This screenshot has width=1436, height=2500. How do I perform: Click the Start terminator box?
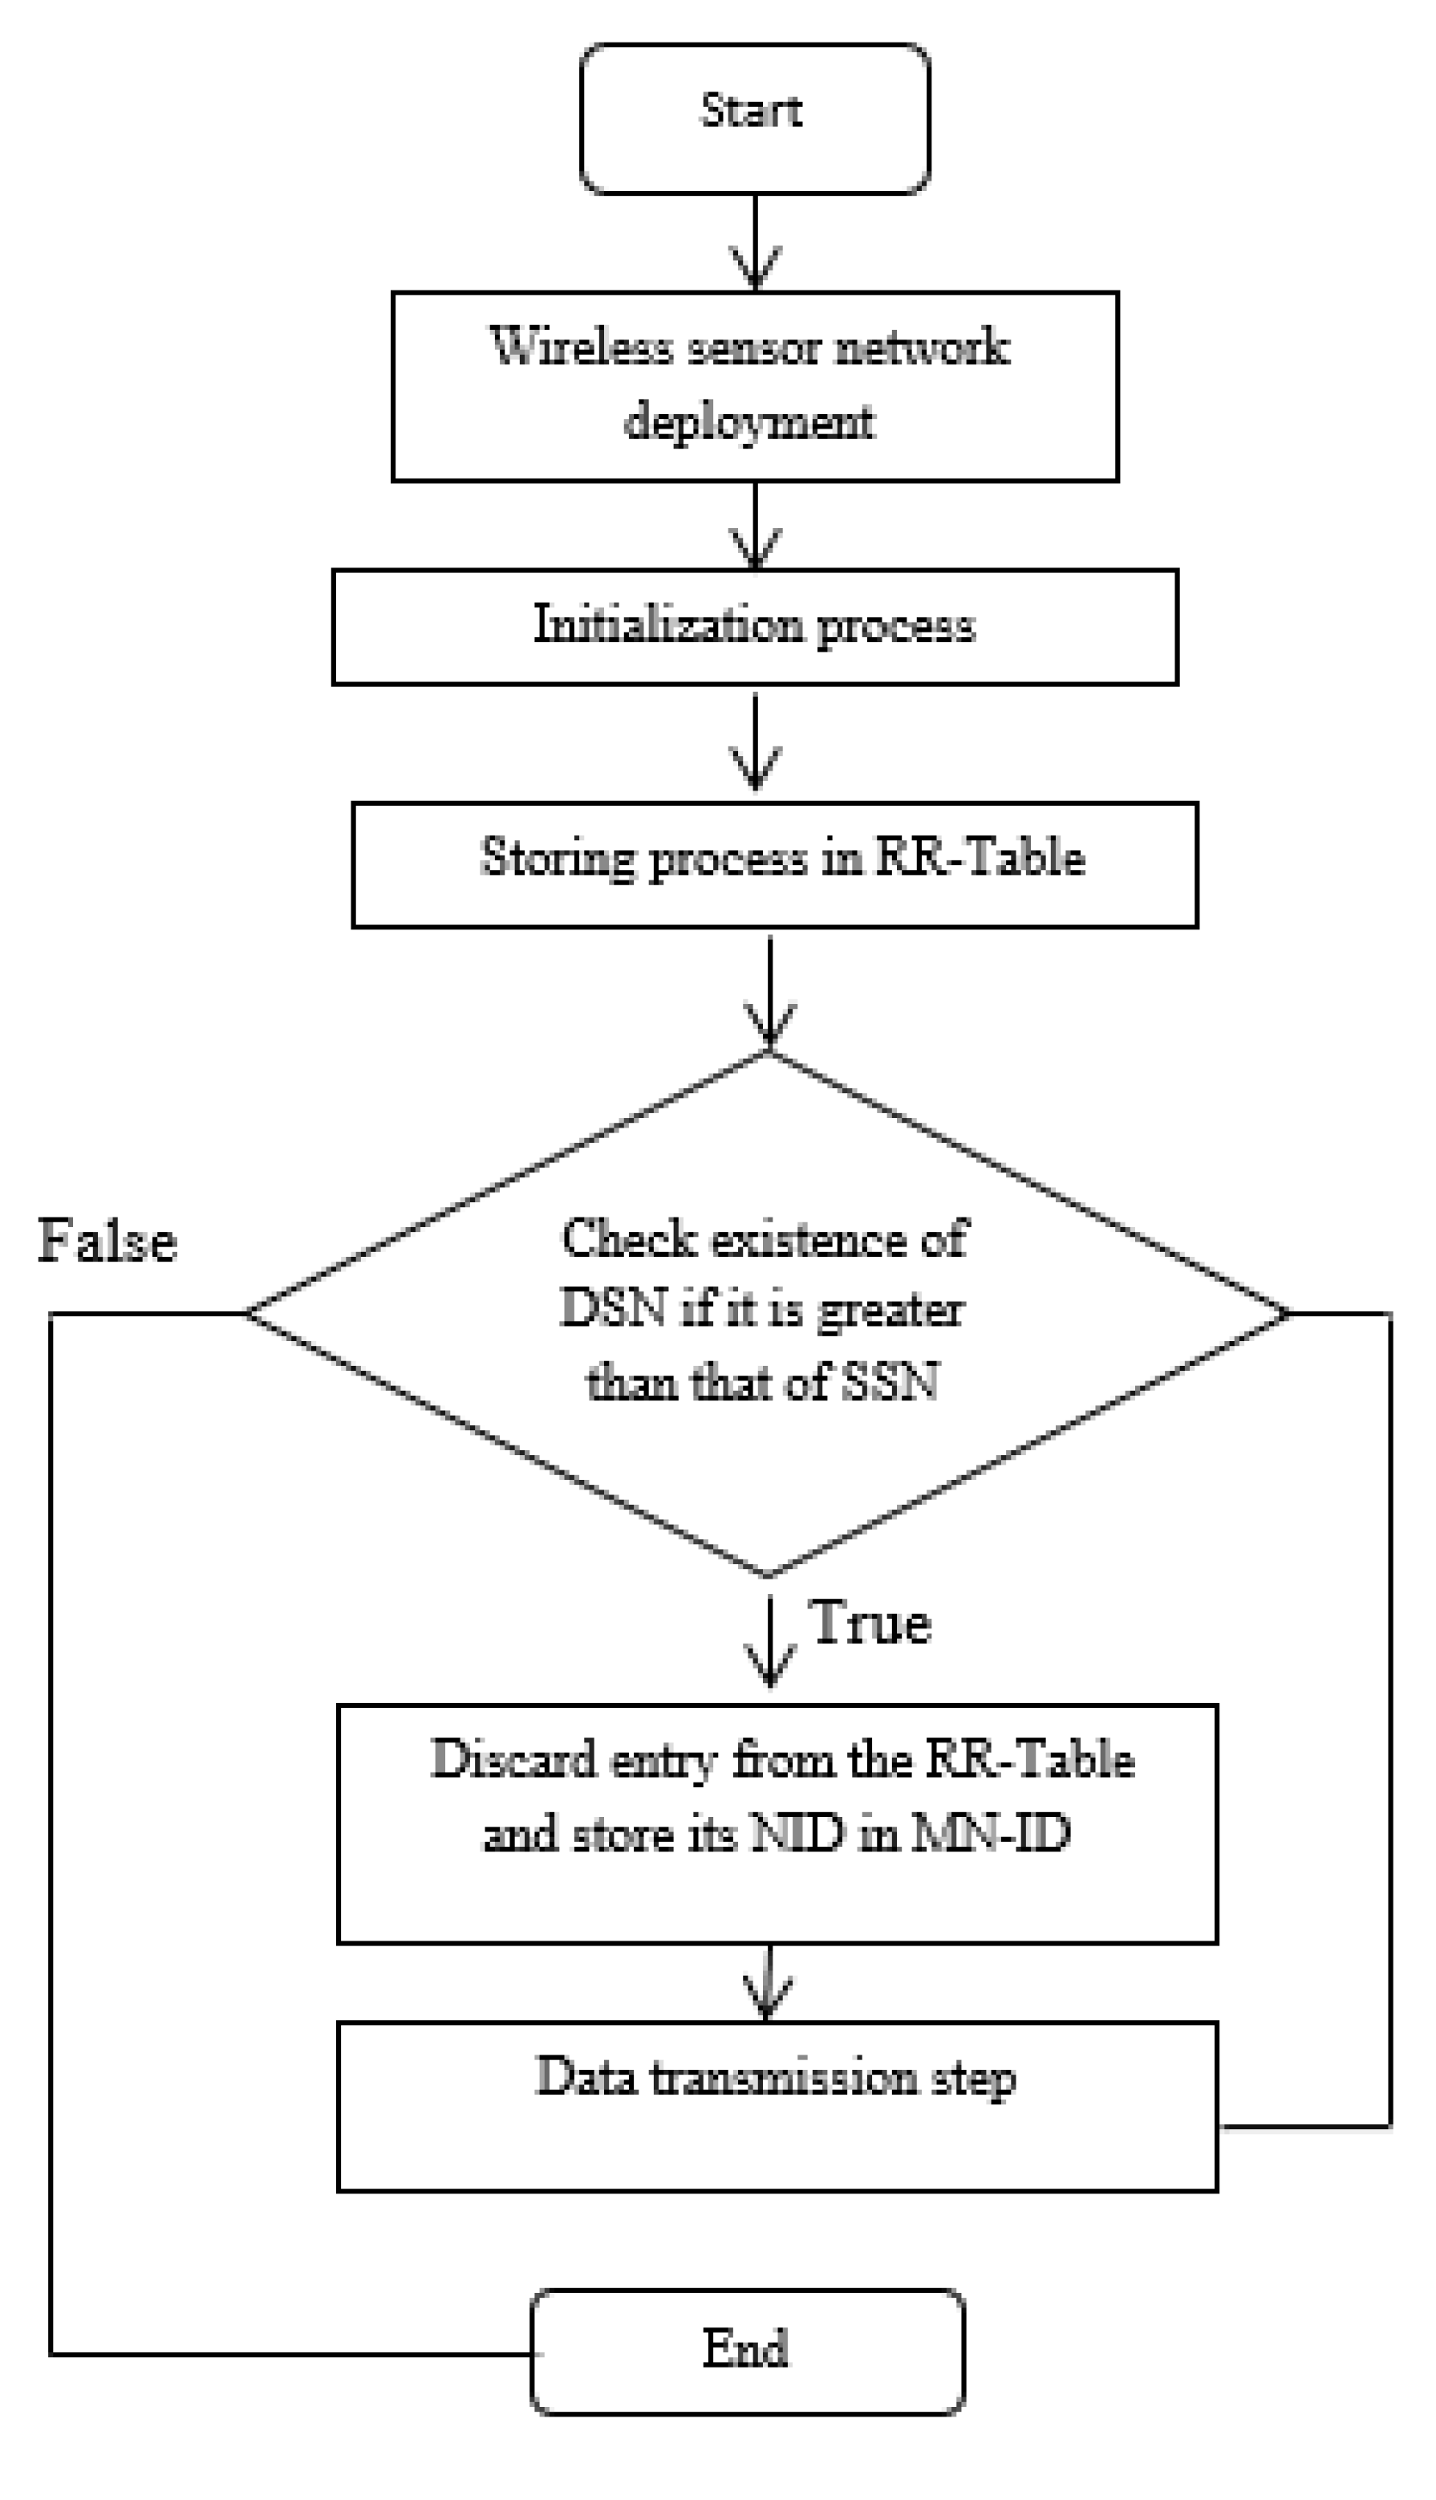point(754,119)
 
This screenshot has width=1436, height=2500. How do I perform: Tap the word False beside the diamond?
point(107,1240)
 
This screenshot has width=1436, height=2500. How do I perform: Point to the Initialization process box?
point(754,625)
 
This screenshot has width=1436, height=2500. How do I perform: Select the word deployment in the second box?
point(749,422)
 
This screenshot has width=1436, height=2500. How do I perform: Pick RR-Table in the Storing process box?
point(980,856)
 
